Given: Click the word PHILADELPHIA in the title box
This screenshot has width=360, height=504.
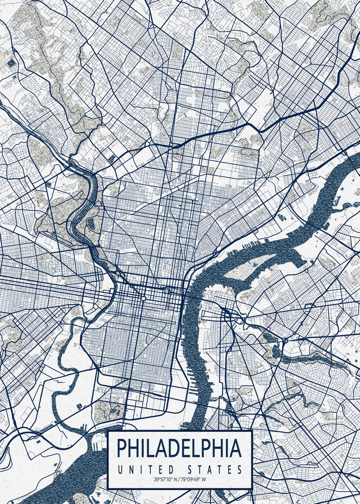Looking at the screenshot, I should [x=179, y=449].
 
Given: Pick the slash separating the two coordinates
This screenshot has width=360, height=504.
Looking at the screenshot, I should [x=179, y=479].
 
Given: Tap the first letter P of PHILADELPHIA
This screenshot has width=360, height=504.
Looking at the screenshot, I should [x=122, y=449].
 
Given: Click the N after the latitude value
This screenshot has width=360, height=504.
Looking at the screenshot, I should [x=176, y=479].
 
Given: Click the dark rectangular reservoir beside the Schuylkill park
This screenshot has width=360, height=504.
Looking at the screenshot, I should [x=112, y=158].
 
